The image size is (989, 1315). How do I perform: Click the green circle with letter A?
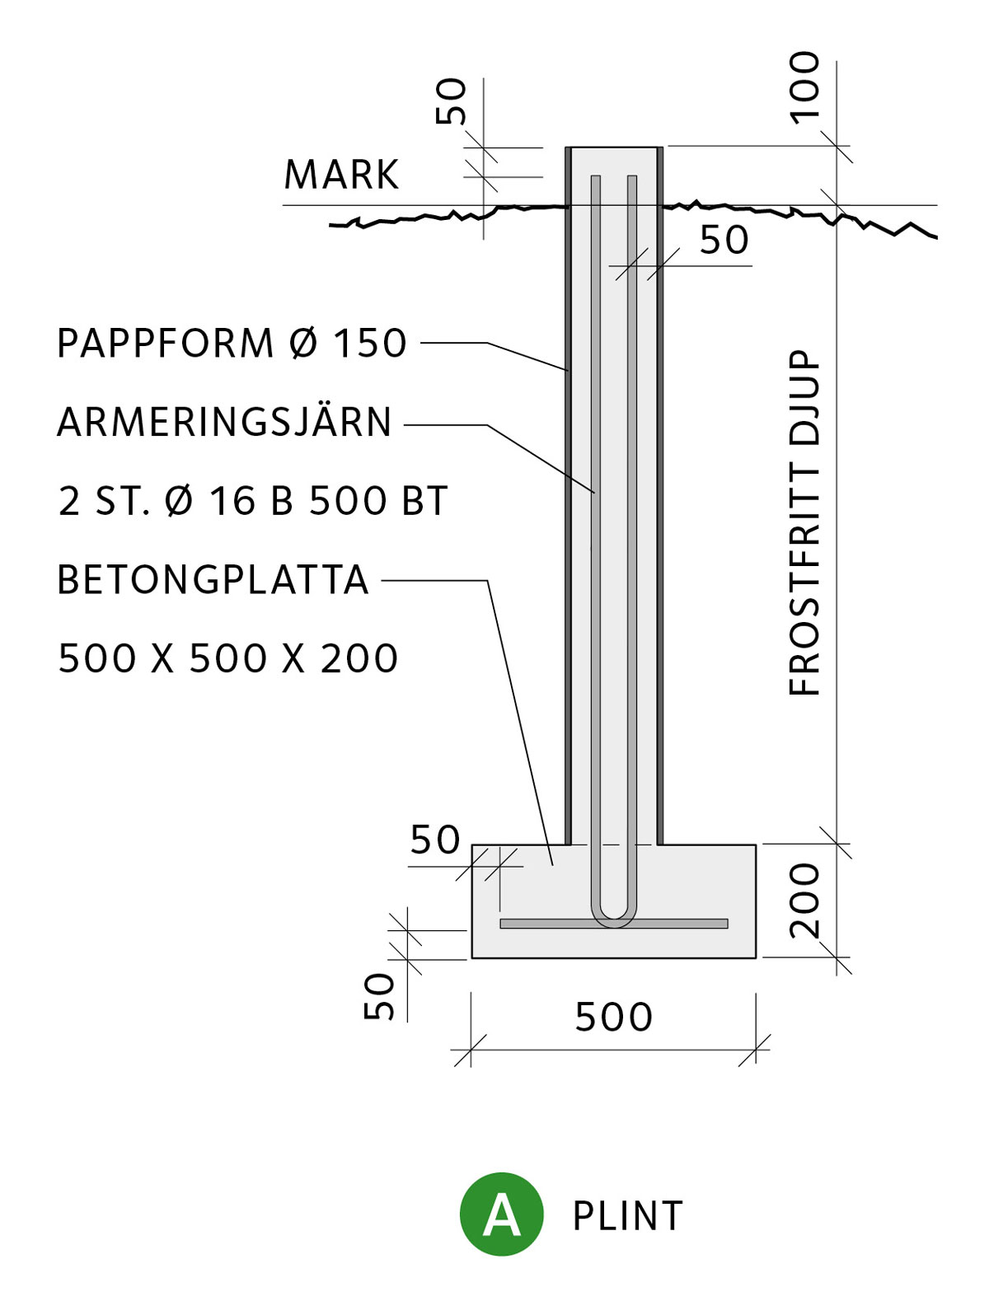point(501,1214)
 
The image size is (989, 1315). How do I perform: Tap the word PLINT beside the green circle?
point(628,1215)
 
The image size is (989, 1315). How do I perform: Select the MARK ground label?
point(341,175)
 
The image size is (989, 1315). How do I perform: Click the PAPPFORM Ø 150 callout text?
point(232,344)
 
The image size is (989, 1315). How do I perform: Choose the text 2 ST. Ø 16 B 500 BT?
point(253,501)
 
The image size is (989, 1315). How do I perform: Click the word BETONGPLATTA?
point(213,579)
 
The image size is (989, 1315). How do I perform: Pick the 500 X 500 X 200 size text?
point(227,658)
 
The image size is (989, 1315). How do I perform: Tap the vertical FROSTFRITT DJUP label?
point(804,522)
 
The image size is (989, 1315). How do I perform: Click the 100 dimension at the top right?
point(804,88)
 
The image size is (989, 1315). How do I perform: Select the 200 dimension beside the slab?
point(804,901)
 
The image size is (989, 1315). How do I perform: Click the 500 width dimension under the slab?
point(613,1018)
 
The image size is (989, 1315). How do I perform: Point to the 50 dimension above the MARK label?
point(451,101)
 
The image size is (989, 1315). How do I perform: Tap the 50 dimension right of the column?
point(724,241)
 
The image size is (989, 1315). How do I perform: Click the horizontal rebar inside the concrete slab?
point(614,924)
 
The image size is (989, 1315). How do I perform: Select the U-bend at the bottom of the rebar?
point(614,918)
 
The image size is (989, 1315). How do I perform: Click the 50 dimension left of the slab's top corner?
point(435,840)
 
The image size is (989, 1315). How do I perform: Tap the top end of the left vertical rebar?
point(595,176)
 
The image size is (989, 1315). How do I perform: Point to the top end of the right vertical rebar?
point(632,176)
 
